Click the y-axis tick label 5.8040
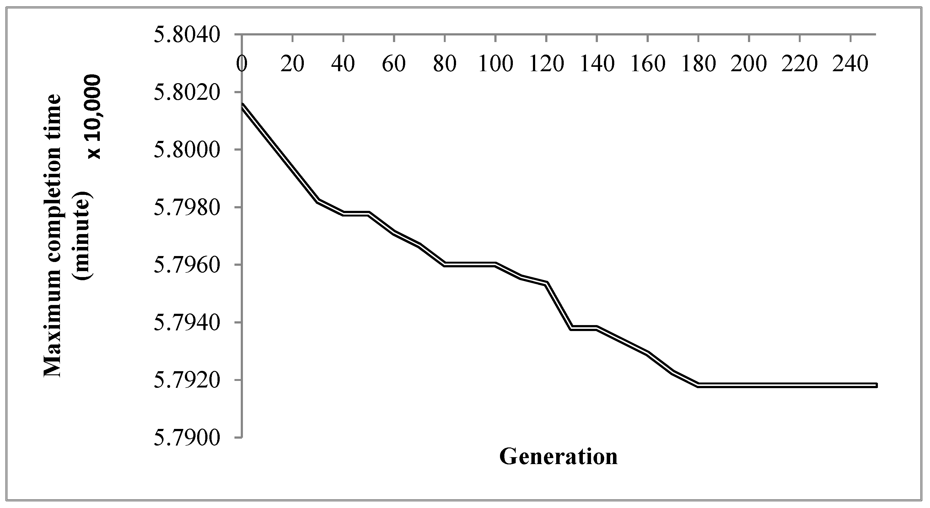pos(187,35)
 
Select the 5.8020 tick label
pos(187,92)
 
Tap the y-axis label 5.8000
pos(187,150)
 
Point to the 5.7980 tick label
pos(187,207)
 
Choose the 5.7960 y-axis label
pos(187,265)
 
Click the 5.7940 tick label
pos(187,323)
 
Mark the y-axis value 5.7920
pos(187,380)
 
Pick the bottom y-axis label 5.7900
pos(187,438)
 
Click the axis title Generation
pos(558,457)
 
